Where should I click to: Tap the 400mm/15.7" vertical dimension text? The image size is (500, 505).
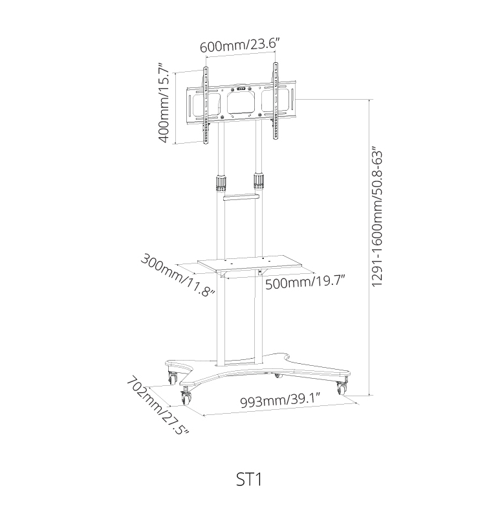pyautogui.click(x=164, y=103)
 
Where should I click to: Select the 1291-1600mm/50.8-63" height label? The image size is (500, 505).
pyautogui.click(x=377, y=217)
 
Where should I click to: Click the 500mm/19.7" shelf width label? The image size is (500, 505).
pyautogui.click(x=306, y=283)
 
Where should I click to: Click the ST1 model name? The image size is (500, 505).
pyautogui.click(x=249, y=479)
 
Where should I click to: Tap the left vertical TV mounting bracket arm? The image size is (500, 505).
pyautogui.click(x=205, y=105)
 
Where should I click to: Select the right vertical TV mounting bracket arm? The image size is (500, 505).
pyautogui.click(x=276, y=101)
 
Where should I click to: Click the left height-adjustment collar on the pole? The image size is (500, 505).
pyautogui.click(x=221, y=183)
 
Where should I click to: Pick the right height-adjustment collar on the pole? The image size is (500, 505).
pyautogui.click(x=258, y=181)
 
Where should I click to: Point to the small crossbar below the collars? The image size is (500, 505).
pyautogui.click(x=241, y=197)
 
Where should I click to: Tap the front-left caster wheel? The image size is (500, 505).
pyautogui.click(x=186, y=397)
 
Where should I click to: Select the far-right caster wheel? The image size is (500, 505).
pyautogui.click(x=342, y=388)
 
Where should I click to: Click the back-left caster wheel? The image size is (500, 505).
pyautogui.click(x=172, y=377)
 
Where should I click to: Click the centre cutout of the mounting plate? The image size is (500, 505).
pyautogui.click(x=240, y=103)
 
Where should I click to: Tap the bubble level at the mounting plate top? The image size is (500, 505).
pyautogui.click(x=241, y=89)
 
